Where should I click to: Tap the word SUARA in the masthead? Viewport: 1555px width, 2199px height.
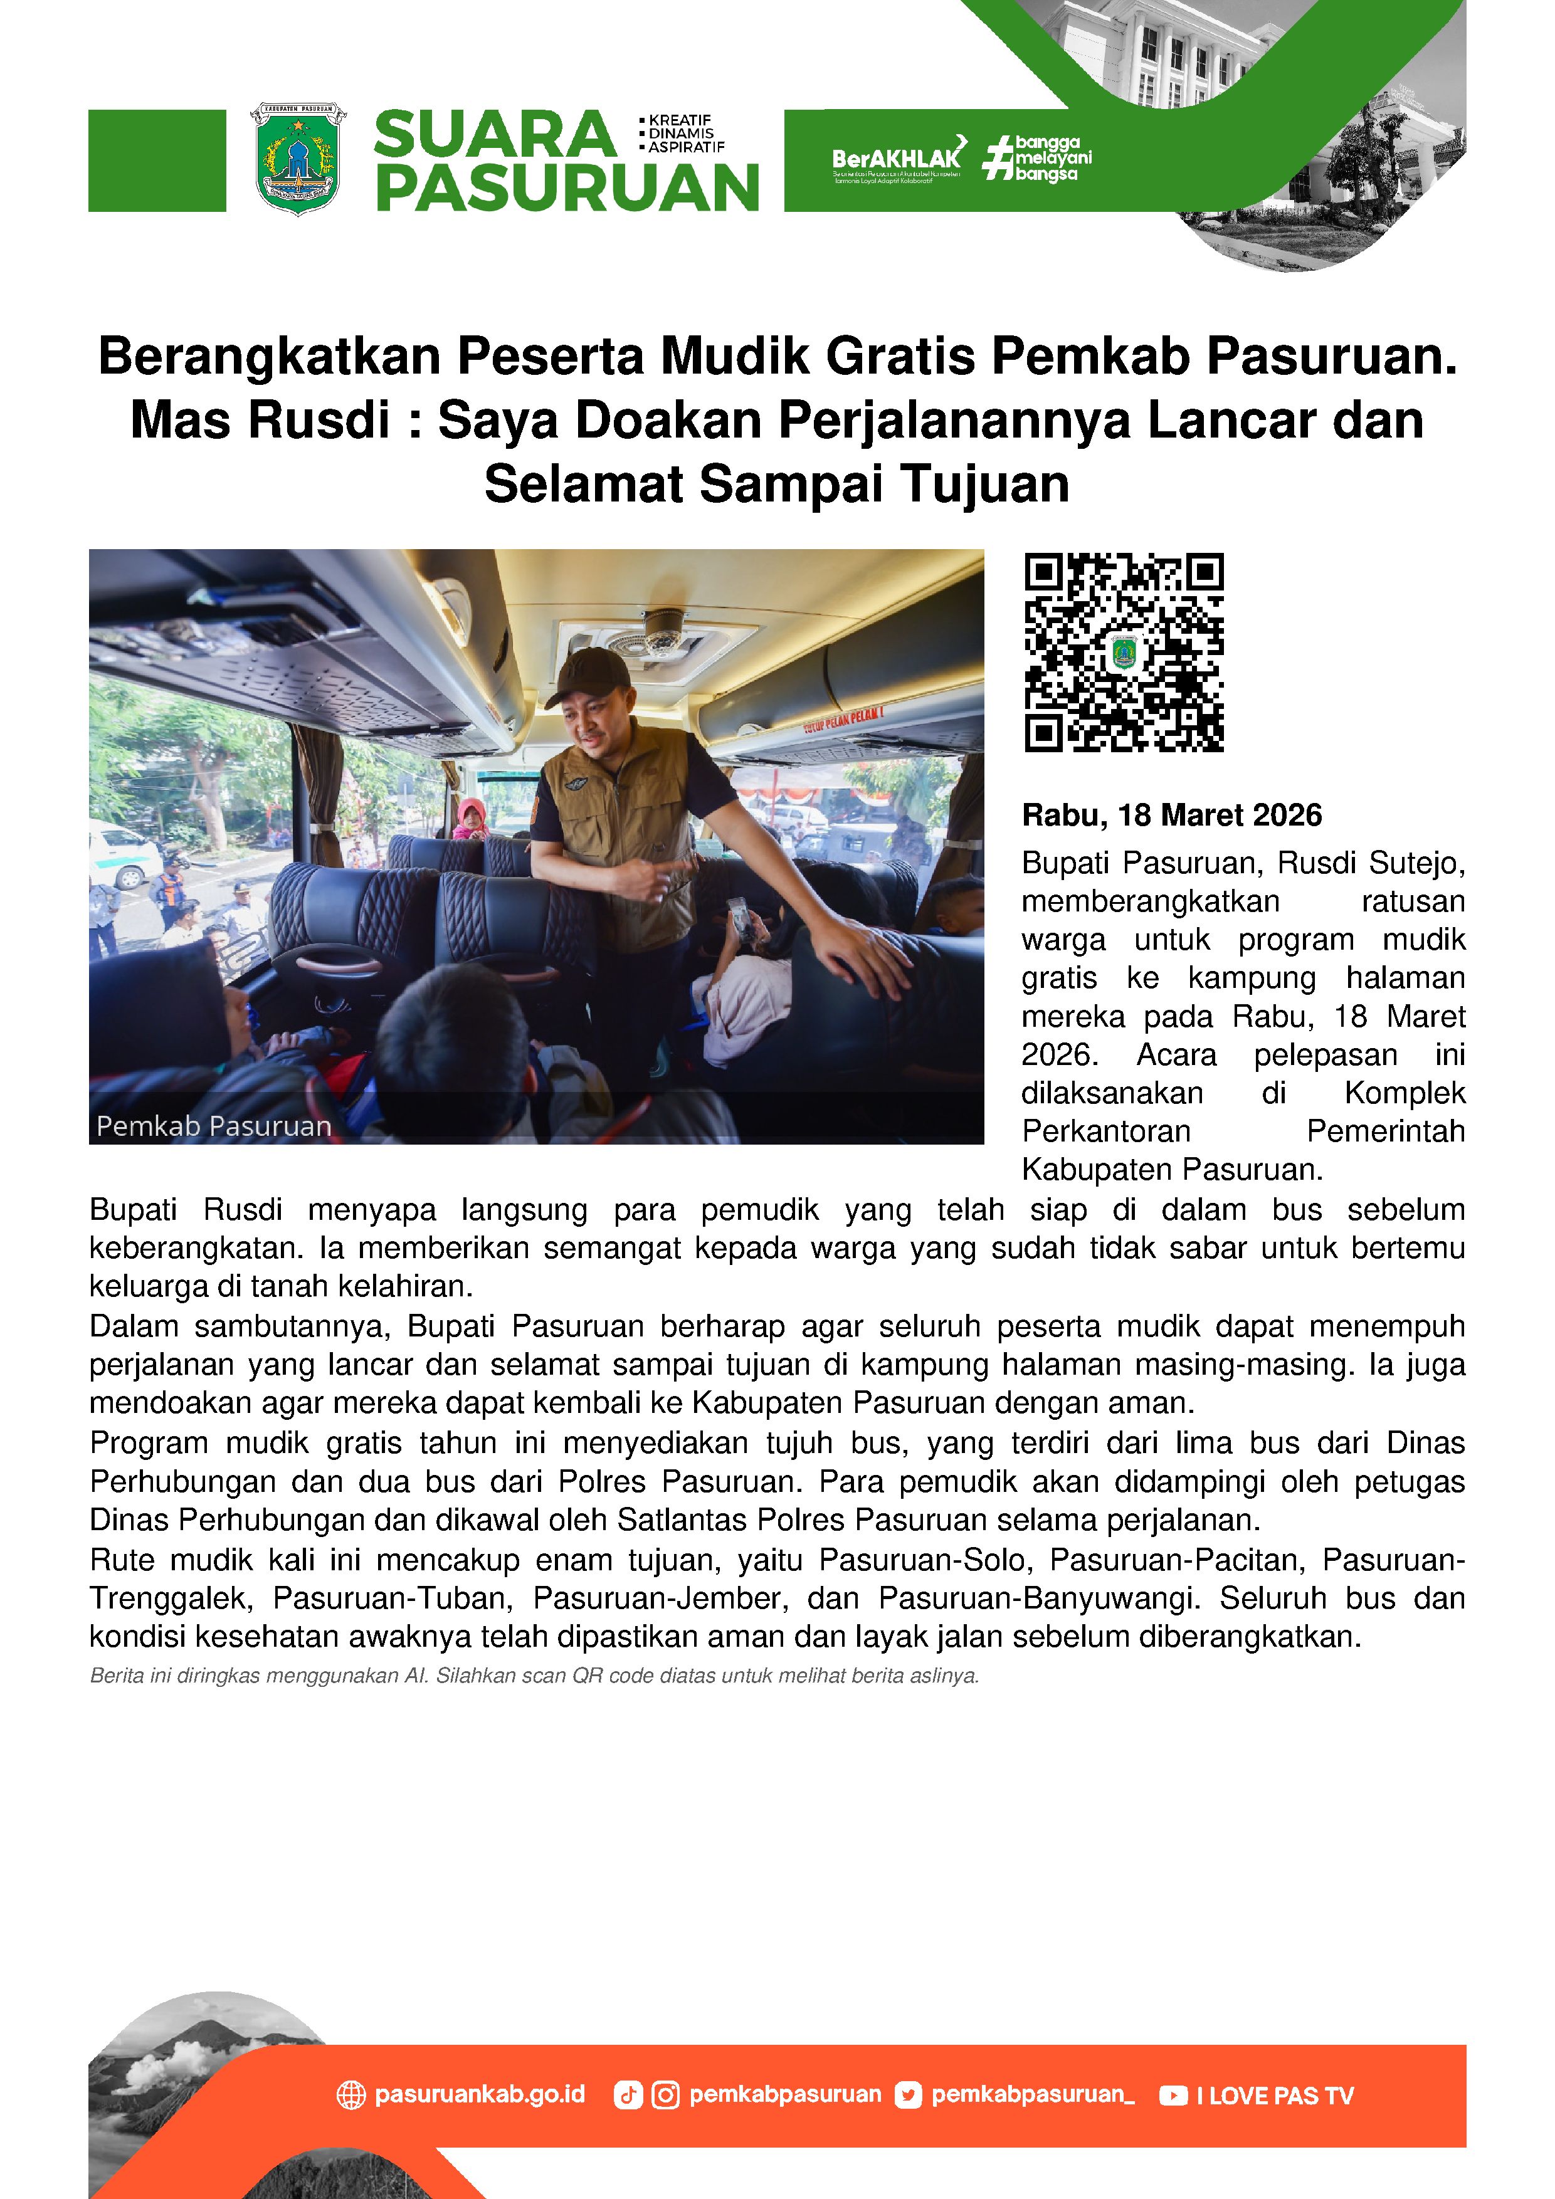pos(494,135)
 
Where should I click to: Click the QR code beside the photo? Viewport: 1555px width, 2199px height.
pos(1124,652)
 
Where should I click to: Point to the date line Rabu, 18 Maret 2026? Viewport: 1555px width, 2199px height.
pos(1172,815)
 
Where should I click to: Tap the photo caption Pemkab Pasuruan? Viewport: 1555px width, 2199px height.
pos(214,1126)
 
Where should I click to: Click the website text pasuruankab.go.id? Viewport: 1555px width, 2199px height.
pos(479,2094)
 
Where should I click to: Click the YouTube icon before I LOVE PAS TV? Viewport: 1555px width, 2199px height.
pos(1173,2096)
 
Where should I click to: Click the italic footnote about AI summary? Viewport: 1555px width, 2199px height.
pos(534,1676)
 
